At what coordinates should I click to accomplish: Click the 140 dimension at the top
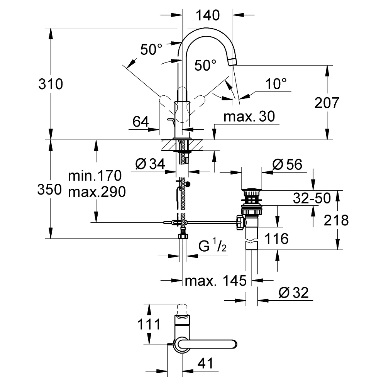[x=208, y=15]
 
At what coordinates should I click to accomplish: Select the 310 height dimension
[x=51, y=84]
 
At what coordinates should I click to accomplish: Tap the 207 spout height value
[x=327, y=103]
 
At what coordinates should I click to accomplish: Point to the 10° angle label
[x=276, y=84]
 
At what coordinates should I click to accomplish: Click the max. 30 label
[x=249, y=117]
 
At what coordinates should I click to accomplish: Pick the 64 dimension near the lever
[x=141, y=122]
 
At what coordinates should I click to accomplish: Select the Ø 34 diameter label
[x=150, y=164]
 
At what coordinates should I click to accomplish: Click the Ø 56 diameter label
[x=287, y=164]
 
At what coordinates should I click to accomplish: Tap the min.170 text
[x=95, y=176]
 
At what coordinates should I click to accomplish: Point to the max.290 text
[x=97, y=192]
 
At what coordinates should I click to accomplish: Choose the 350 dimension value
[x=49, y=190]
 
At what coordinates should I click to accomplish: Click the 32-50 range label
[x=312, y=198]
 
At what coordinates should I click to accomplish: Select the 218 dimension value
[x=336, y=220]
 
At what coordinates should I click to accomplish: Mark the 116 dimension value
[x=276, y=239]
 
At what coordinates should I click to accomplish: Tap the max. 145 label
[x=216, y=281]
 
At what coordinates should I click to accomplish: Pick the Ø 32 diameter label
[x=294, y=293]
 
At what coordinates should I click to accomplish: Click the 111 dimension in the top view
[x=149, y=324]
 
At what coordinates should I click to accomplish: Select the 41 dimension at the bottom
[x=205, y=364]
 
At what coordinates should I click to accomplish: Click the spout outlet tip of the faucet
[x=232, y=62]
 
